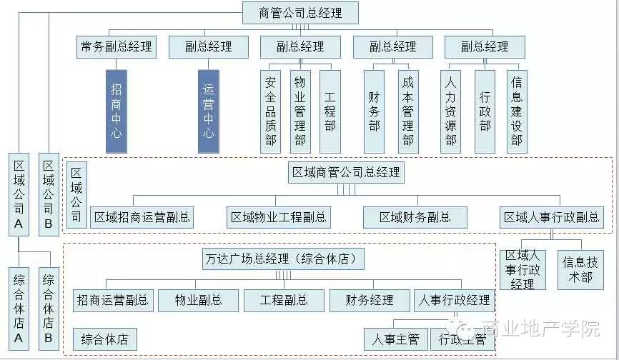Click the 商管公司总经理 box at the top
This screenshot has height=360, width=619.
(x=300, y=13)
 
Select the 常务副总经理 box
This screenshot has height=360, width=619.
(x=115, y=47)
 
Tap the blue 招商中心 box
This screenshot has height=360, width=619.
(x=116, y=111)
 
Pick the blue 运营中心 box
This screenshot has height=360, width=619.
(x=208, y=111)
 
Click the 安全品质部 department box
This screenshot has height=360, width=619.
(x=270, y=111)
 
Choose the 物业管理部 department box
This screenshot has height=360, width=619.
(x=300, y=111)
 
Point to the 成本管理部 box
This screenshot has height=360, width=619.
(x=407, y=111)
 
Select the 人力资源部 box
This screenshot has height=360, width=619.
(x=450, y=111)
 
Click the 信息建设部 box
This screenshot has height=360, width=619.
(x=517, y=111)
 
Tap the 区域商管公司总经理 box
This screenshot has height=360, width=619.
(x=347, y=173)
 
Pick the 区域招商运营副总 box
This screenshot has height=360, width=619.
(x=143, y=217)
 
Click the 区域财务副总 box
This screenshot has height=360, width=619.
(x=415, y=217)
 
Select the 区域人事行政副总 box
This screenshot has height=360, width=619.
(x=550, y=217)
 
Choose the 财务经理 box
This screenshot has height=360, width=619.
(x=370, y=301)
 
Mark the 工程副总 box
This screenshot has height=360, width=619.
(x=284, y=301)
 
